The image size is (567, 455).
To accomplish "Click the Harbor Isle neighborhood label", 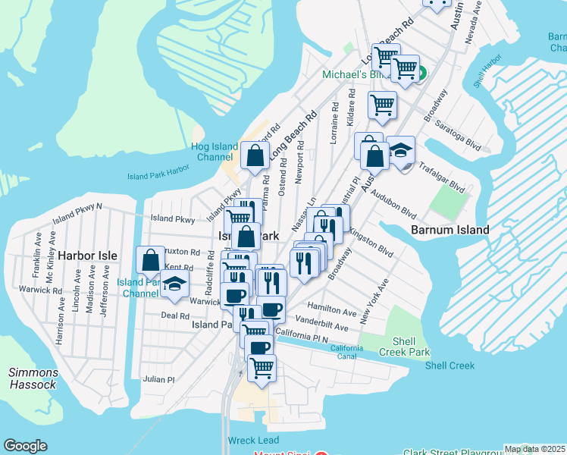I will (89, 256).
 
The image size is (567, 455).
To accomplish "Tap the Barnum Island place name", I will (450, 230).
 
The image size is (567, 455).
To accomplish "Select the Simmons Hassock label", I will (32, 378).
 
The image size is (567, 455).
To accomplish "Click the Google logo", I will (25, 446).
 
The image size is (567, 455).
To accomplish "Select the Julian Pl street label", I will (158, 379).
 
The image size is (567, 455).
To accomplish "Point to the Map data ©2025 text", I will (534, 449).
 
